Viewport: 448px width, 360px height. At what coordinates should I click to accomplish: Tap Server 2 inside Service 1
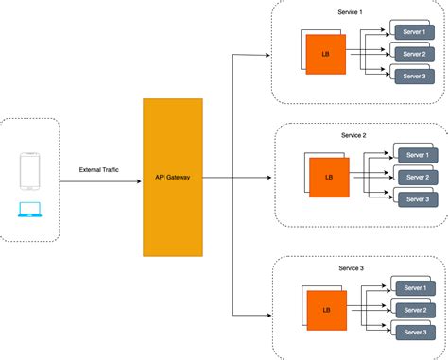tap(414, 55)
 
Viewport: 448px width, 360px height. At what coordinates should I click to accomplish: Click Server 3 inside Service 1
tap(414, 76)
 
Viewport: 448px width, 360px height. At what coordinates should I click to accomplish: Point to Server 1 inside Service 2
tap(417, 156)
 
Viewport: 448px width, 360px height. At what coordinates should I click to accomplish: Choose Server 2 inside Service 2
tap(417, 178)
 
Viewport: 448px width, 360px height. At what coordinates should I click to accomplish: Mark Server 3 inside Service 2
tap(417, 198)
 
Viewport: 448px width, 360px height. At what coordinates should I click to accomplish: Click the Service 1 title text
tap(350, 11)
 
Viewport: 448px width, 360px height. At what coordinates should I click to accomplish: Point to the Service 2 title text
tap(353, 135)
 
